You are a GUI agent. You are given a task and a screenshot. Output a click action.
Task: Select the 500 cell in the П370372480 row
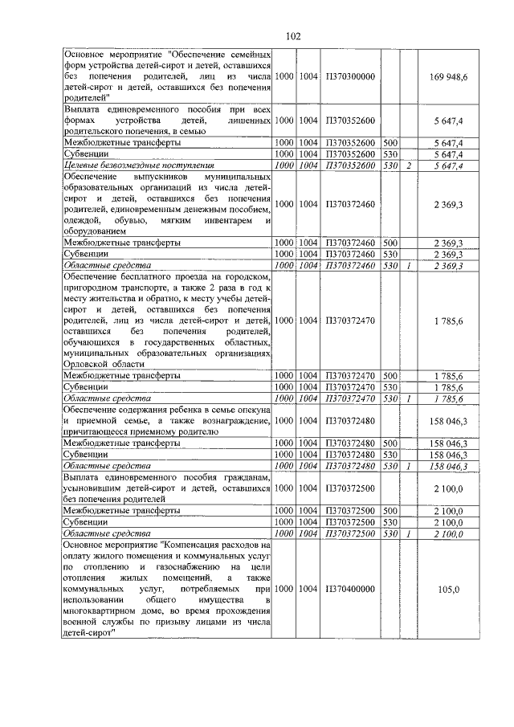click(390, 442)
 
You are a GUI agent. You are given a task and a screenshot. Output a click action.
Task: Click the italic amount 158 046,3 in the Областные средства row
click(454, 465)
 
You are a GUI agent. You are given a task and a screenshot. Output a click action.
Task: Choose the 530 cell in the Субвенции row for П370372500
click(390, 521)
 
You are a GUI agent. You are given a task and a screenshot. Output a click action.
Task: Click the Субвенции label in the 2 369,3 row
click(86, 254)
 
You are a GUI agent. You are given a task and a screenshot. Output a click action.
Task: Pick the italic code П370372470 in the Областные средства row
click(351, 398)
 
